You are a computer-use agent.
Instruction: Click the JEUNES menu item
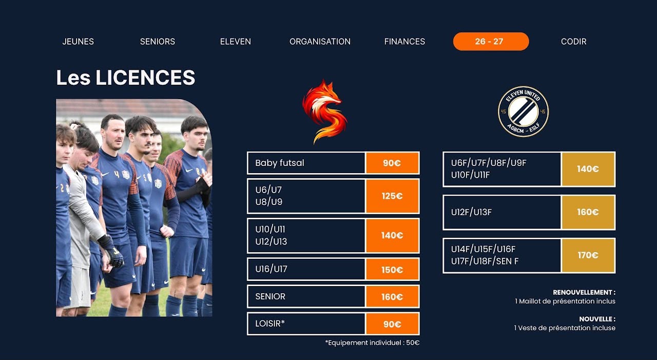[78, 42]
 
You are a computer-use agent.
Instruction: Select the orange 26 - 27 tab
[491, 42]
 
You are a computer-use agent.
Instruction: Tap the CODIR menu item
[574, 42]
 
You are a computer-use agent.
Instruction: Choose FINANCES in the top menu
[404, 42]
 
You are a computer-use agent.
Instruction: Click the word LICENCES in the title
[145, 78]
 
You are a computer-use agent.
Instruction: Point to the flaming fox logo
[325, 111]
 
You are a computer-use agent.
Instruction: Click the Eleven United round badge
[524, 111]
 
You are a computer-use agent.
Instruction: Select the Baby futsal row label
[280, 163]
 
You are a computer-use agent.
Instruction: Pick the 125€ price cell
[392, 196]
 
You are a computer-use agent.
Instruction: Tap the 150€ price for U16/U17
[392, 269]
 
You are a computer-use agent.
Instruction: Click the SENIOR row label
[270, 296]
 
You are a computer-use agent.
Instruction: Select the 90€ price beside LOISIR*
[392, 324]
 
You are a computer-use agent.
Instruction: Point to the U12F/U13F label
[471, 212]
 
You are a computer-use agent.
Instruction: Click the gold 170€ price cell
[588, 255]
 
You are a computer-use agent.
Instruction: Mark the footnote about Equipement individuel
[372, 343]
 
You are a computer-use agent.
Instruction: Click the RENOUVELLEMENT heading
[584, 292]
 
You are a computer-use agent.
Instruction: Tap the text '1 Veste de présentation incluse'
[565, 328]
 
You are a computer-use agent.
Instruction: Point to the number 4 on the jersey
[117, 174]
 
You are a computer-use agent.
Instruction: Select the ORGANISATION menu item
[320, 42]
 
